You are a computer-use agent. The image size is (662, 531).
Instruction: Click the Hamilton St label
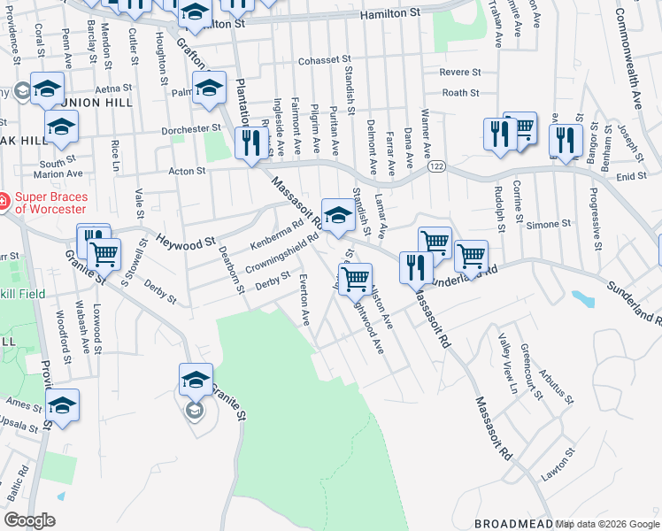click(389, 15)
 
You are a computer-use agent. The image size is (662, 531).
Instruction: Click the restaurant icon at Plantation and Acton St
click(251, 142)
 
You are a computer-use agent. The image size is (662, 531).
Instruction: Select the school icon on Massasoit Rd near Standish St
click(336, 214)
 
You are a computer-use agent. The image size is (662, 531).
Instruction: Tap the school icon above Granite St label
click(196, 380)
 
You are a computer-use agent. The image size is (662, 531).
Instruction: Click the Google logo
click(29, 520)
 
